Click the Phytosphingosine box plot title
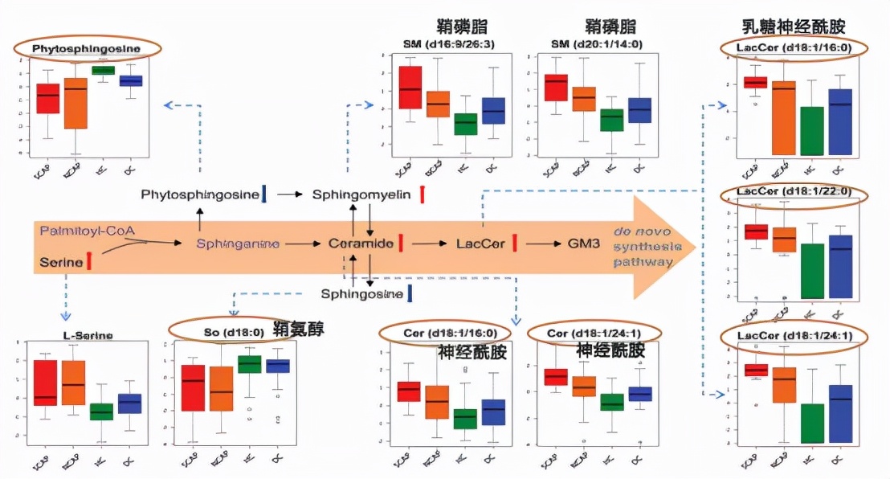(86, 49)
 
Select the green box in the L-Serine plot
(101, 411)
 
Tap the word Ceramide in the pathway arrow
(361, 244)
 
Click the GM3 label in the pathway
(584, 244)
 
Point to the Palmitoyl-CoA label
(88, 231)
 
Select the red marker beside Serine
(89, 261)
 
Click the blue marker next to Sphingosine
(410, 293)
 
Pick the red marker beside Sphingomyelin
(422, 194)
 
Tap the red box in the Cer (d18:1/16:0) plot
(409, 391)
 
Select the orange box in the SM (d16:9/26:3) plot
(438, 104)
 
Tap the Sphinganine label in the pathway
(239, 244)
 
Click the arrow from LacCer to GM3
(541, 244)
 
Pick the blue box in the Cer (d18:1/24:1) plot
(639, 394)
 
